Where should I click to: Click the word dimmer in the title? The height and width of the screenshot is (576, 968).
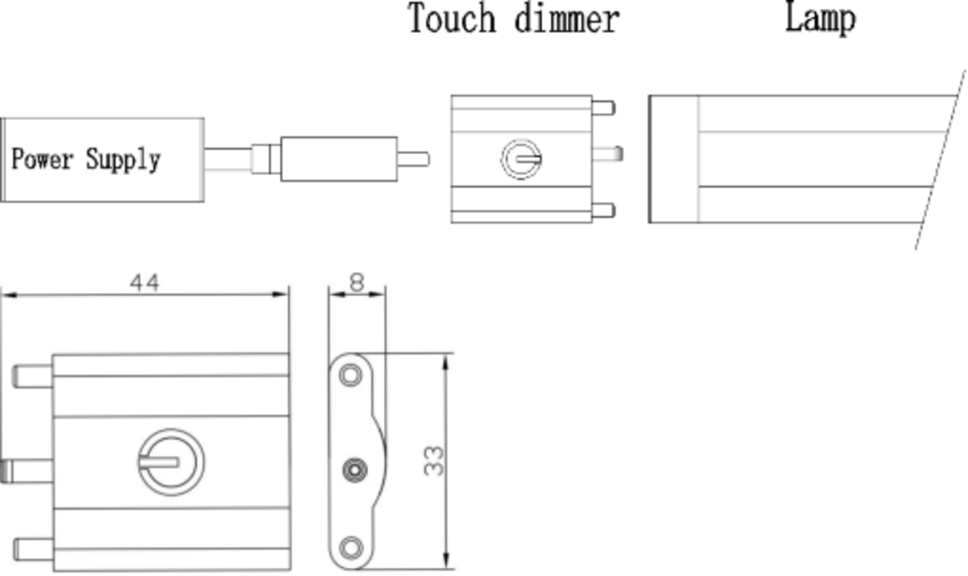[567, 19]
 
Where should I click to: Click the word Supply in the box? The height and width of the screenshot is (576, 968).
[123, 160]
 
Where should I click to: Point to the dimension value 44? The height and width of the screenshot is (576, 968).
[144, 282]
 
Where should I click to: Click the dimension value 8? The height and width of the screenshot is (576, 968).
[357, 282]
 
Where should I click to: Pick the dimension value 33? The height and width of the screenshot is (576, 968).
[434, 461]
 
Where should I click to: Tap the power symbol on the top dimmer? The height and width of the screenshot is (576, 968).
[521, 158]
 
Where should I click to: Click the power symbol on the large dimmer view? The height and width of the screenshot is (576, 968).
[170, 461]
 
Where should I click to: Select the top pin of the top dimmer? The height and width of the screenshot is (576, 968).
[603, 107]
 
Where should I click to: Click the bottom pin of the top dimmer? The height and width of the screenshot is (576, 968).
[603, 211]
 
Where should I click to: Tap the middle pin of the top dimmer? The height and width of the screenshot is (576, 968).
[607, 152]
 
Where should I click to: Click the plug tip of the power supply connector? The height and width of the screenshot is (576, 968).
[413, 159]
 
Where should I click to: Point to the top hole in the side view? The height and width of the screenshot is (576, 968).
[350, 375]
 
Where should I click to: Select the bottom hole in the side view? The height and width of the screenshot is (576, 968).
[350, 548]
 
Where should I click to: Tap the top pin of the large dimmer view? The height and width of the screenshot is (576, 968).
[33, 376]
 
